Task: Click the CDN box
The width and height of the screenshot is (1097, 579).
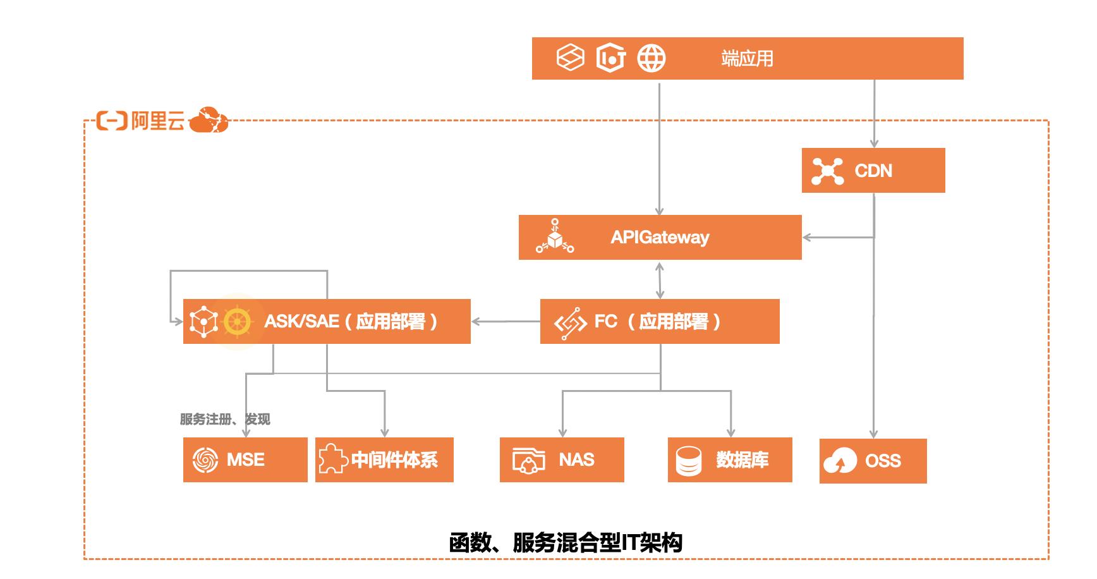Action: pos(873,171)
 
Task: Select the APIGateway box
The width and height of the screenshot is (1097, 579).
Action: pos(660,237)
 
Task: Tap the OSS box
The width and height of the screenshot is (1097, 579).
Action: pos(873,461)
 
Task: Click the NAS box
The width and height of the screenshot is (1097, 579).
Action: pos(562,460)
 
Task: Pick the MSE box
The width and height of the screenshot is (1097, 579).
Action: pos(245,460)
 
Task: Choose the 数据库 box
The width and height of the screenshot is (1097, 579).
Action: pos(730,460)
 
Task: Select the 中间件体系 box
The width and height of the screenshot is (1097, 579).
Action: pos(384,460)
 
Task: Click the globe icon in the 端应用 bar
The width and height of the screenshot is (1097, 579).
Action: pos(651,58)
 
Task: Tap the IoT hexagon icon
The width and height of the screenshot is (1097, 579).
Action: pos(611,58)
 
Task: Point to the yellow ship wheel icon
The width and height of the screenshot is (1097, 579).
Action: pos(237,321)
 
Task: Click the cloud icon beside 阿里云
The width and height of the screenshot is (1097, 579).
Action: pos(209,119)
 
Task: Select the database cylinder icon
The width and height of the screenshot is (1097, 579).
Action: pos(688,460)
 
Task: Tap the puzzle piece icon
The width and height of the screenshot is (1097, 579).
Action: pos(332,459)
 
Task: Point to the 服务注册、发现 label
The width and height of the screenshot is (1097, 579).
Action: pos(225,419)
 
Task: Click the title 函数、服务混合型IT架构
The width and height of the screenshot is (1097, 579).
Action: pos(566,542)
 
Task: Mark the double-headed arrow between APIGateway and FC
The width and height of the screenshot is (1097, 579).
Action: pos(660,279)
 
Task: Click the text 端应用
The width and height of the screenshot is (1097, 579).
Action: pos(747,59)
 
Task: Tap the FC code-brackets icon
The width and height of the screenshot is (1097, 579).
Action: pos(570,323)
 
